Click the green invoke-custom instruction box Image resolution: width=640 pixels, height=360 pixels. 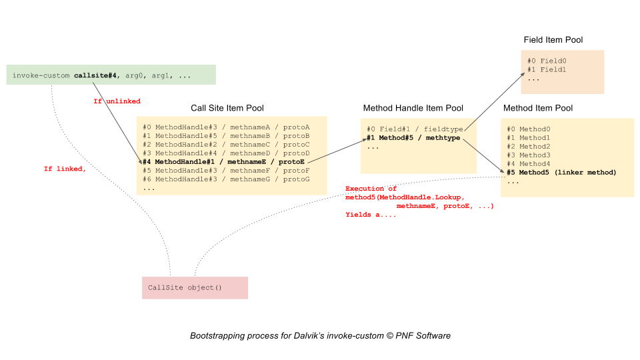click(x=111, y=75)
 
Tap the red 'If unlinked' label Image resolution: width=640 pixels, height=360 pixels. click(x=117, y=101)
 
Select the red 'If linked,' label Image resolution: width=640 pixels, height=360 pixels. click(x=65, y=169)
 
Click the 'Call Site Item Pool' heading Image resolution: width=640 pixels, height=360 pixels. click(x=227, y=108)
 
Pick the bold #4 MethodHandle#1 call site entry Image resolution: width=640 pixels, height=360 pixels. click(x=223, y=162)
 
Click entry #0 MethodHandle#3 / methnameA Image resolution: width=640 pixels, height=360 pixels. click(x=226, y=127)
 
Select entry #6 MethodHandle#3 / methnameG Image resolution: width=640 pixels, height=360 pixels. click(x=226, y=179)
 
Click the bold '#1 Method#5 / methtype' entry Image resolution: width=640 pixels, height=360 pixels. click(x=413, y=138)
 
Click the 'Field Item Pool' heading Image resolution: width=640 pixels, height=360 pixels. click(x=553, y=40)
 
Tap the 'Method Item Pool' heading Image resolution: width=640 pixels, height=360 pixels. click(x=538, y=108)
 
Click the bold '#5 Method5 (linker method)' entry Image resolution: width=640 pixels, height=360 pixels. click(x=561, y=173)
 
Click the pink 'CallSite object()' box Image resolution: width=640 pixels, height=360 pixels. click(x=195, y=288)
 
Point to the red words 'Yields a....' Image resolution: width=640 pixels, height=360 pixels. click(x=371, y=215)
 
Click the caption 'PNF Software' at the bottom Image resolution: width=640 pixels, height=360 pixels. click(x=423, y=336)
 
